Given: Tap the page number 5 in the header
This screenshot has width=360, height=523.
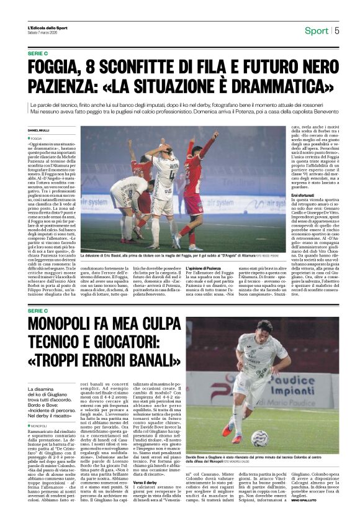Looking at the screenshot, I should pos(336,30).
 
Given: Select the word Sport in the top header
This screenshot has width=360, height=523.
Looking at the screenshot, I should pos(317,30).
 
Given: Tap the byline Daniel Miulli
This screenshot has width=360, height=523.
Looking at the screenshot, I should pos(38,130).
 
